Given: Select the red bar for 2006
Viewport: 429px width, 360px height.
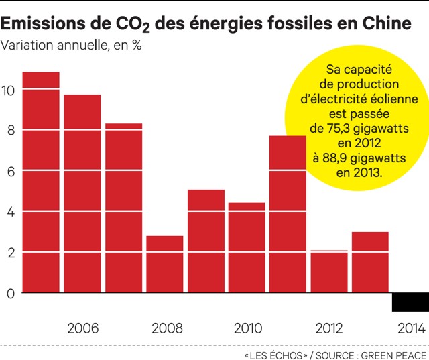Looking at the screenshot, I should pos(82,194).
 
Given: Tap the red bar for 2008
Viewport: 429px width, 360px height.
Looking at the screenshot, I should pos(164,264).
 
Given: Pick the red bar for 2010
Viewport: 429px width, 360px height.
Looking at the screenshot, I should pos(247,247).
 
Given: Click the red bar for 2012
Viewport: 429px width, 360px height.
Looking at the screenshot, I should pos(328,272).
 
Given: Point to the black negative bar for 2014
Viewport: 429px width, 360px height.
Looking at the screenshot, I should pos(410,302).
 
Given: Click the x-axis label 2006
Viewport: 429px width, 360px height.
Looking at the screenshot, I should pos(83,328).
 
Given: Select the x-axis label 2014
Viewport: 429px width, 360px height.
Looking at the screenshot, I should pos(410,328).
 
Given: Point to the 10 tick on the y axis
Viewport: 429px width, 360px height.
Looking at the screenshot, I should pos(8,90).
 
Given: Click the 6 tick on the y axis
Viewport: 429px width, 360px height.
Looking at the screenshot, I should pos(9,171).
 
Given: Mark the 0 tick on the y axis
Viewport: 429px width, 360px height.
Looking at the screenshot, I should pos(9,293).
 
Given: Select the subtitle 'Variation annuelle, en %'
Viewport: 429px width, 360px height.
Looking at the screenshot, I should pos(72,46).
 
